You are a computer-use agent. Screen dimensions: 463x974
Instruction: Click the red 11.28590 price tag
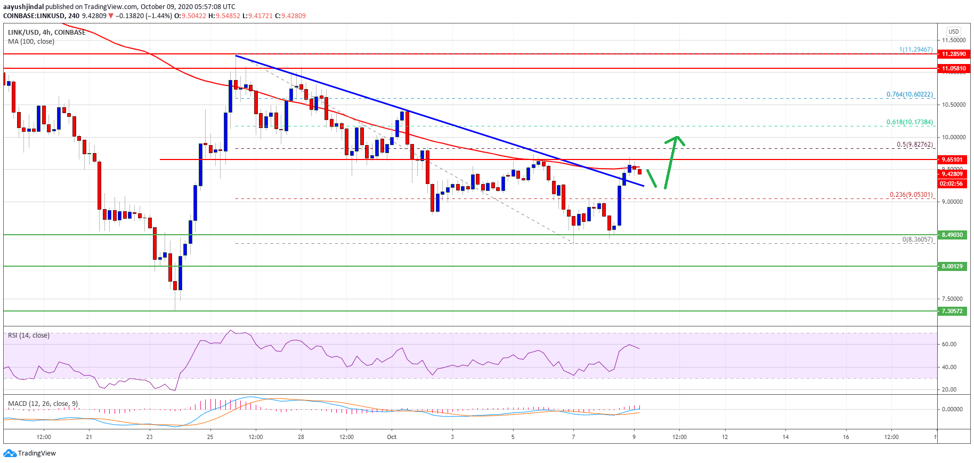tap(953, 54)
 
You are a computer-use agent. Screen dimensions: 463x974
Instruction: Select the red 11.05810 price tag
tap(953, 68)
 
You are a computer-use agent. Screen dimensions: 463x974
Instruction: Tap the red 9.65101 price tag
tap(952, 159)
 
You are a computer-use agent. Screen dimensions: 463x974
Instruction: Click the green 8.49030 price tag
tap(952, 235)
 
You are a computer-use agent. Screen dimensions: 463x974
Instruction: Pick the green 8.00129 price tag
tap(952, 266)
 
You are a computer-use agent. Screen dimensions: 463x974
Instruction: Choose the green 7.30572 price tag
tap(952, 311)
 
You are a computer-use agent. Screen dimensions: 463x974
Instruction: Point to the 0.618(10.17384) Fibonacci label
tap(910, 122)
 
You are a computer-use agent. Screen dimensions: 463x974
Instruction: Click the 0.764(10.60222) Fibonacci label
tap(910, 94)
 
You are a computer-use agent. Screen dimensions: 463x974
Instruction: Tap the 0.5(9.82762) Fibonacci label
tap(914, 145)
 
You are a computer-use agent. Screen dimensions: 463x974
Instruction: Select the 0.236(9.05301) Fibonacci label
tap(911, 195)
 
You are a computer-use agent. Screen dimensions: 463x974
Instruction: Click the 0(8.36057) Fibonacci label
tap(918, 240)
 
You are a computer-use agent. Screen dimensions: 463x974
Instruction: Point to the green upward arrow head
tap(677, 139)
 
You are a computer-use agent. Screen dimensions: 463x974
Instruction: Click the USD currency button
tap(953, 31)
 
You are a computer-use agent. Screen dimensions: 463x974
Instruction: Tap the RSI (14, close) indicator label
tap(29, 336)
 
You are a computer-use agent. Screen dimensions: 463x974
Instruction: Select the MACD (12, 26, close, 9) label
tap(43, 403)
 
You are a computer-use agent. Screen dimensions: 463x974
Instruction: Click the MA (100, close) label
tap(31, 42)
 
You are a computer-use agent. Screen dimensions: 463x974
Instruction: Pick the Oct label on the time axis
tap(392, 437)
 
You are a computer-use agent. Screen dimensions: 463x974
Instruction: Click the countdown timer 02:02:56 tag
tap(951, 183)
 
